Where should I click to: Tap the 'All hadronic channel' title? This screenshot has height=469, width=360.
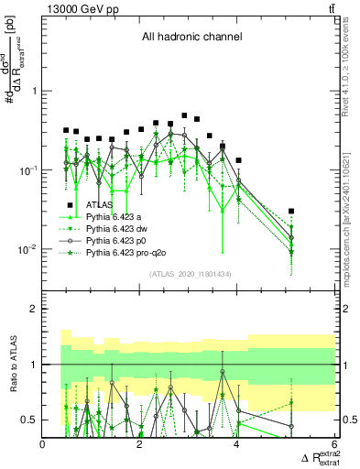(x=191, y=37)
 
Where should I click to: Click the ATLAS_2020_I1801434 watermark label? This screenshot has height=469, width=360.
(x=191, y=274)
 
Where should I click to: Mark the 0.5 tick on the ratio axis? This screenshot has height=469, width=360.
(x=28, y=420)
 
